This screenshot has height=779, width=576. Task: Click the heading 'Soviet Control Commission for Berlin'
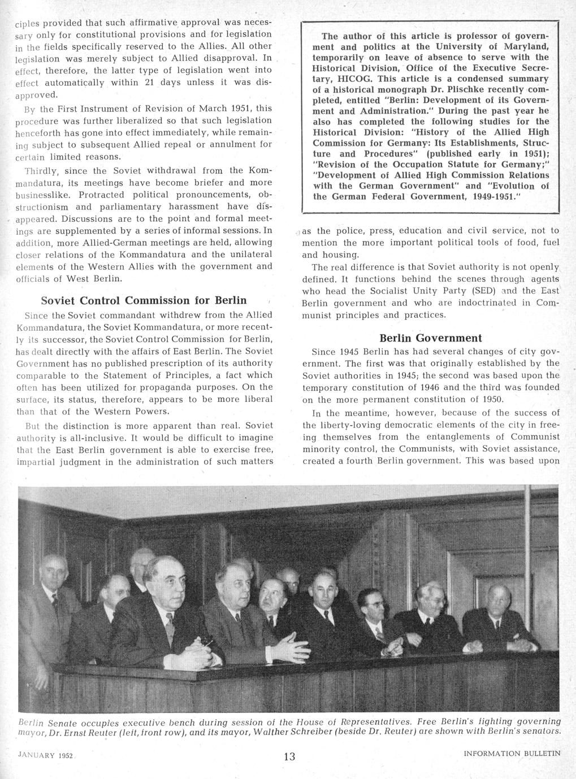click(x=144, y=299)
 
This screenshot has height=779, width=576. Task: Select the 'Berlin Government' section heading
click(x=430, y=338)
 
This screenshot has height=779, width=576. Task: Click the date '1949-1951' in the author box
click(x=492, y=197)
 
